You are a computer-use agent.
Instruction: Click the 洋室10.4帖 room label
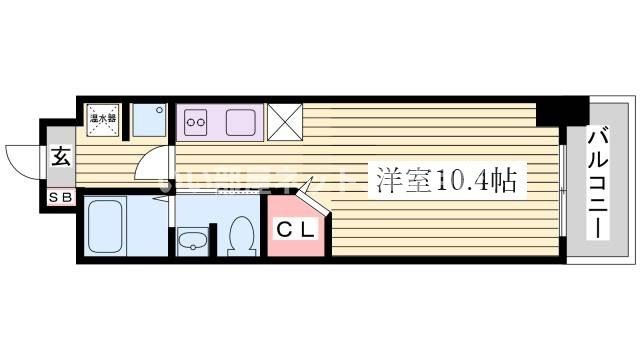[446, 181]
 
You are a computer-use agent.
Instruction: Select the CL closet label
[296, 231]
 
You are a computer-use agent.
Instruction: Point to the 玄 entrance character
[60, 157]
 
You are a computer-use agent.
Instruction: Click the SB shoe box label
[60, 198]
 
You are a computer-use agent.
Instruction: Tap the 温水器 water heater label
[103, 119]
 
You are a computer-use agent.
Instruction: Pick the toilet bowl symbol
[240, 236]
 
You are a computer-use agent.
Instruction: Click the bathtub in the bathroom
[113, 227]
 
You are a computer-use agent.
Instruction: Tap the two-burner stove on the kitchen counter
[196, 124]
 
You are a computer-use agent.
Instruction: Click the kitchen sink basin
[243, 123]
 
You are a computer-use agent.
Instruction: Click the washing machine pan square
[150, 120]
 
